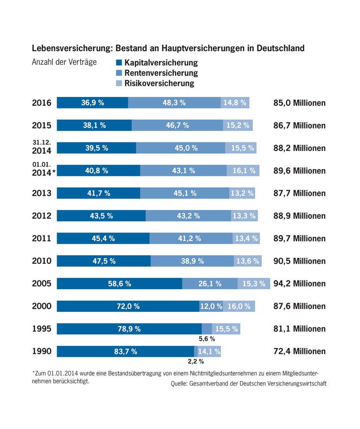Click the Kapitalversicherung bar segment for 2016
pyautogui.click(x=92, y=103)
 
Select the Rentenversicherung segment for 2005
pyautogui.click(x=210, y=284)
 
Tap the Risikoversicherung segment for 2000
pyautogui.click(x=239, y=306)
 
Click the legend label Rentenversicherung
pyautogui.click(x=161, y=73)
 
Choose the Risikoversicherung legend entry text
pyautogui.click(x=159, y=83)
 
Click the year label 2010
pyautogui.click(x=42, y=261)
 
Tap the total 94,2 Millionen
pyautogui.click(x=299, y=284)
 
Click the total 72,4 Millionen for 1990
pyautogui.click(x=299, y=351)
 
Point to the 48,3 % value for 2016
pyautogui.click(x=174, y=103)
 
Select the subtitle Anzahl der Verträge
pyautogui.click(x=64, y=62)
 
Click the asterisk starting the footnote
pyautogui.click(x=33, y=373)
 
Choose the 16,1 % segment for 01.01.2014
pyautogui.click(x=243, y=170)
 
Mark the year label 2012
pyautogui.click(x=42, y=216)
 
